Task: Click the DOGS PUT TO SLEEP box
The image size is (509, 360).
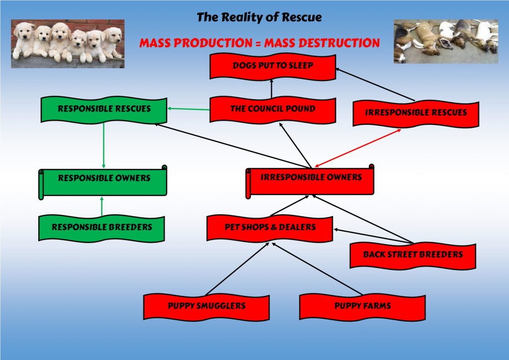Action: coord(273,66)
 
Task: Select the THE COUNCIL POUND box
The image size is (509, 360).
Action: coord(273,109)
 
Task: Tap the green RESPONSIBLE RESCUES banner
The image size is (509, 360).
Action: coord(104,109)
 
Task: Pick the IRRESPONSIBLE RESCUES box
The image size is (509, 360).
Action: coord(416,113)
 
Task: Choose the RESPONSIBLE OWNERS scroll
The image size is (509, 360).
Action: coord(103,182)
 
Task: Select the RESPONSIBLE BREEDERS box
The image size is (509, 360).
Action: coord(101,228)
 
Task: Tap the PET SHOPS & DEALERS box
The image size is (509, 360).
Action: coord(270,228)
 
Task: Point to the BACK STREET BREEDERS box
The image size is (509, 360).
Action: coord(413,256)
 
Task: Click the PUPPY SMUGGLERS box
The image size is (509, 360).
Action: coord(206,307)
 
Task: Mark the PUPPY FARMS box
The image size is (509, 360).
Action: coord(362,307)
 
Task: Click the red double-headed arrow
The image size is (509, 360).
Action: coord(358,148)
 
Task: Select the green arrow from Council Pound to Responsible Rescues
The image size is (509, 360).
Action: coord(188,109)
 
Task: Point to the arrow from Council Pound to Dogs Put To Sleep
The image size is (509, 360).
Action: coord(271,89)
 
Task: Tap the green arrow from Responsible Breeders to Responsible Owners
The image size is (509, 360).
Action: coord(101,206)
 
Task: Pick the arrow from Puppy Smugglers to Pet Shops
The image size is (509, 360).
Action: coord(237,269)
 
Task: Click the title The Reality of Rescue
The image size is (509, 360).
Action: coord(259,17)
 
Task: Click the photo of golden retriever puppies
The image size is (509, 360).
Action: coord(68,43)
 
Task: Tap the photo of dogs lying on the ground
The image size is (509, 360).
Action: coord(446,41)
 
